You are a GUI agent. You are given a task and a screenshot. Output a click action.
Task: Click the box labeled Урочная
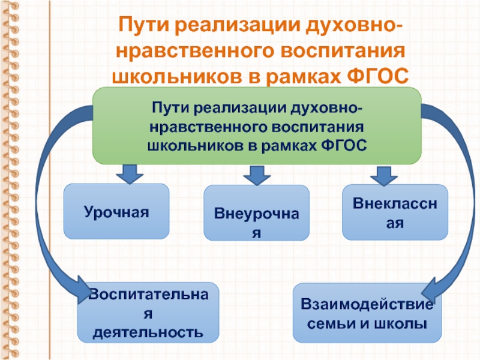(x=116, y=212)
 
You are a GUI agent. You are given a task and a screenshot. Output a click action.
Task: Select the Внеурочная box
(x=257, y=214)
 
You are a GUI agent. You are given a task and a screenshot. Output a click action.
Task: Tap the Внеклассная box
(x=395, y=212)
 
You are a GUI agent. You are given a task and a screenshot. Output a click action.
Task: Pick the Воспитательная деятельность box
(x=148, y=313)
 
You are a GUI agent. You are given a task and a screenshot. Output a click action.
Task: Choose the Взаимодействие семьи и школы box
(x=367, y=314)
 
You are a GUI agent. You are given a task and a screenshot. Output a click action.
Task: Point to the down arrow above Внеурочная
(x=256, y=175)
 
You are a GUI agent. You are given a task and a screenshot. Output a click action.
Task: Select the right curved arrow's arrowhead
(x=433, y=291)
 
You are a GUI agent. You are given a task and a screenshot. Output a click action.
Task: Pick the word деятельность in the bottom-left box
(x=148, y=331)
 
